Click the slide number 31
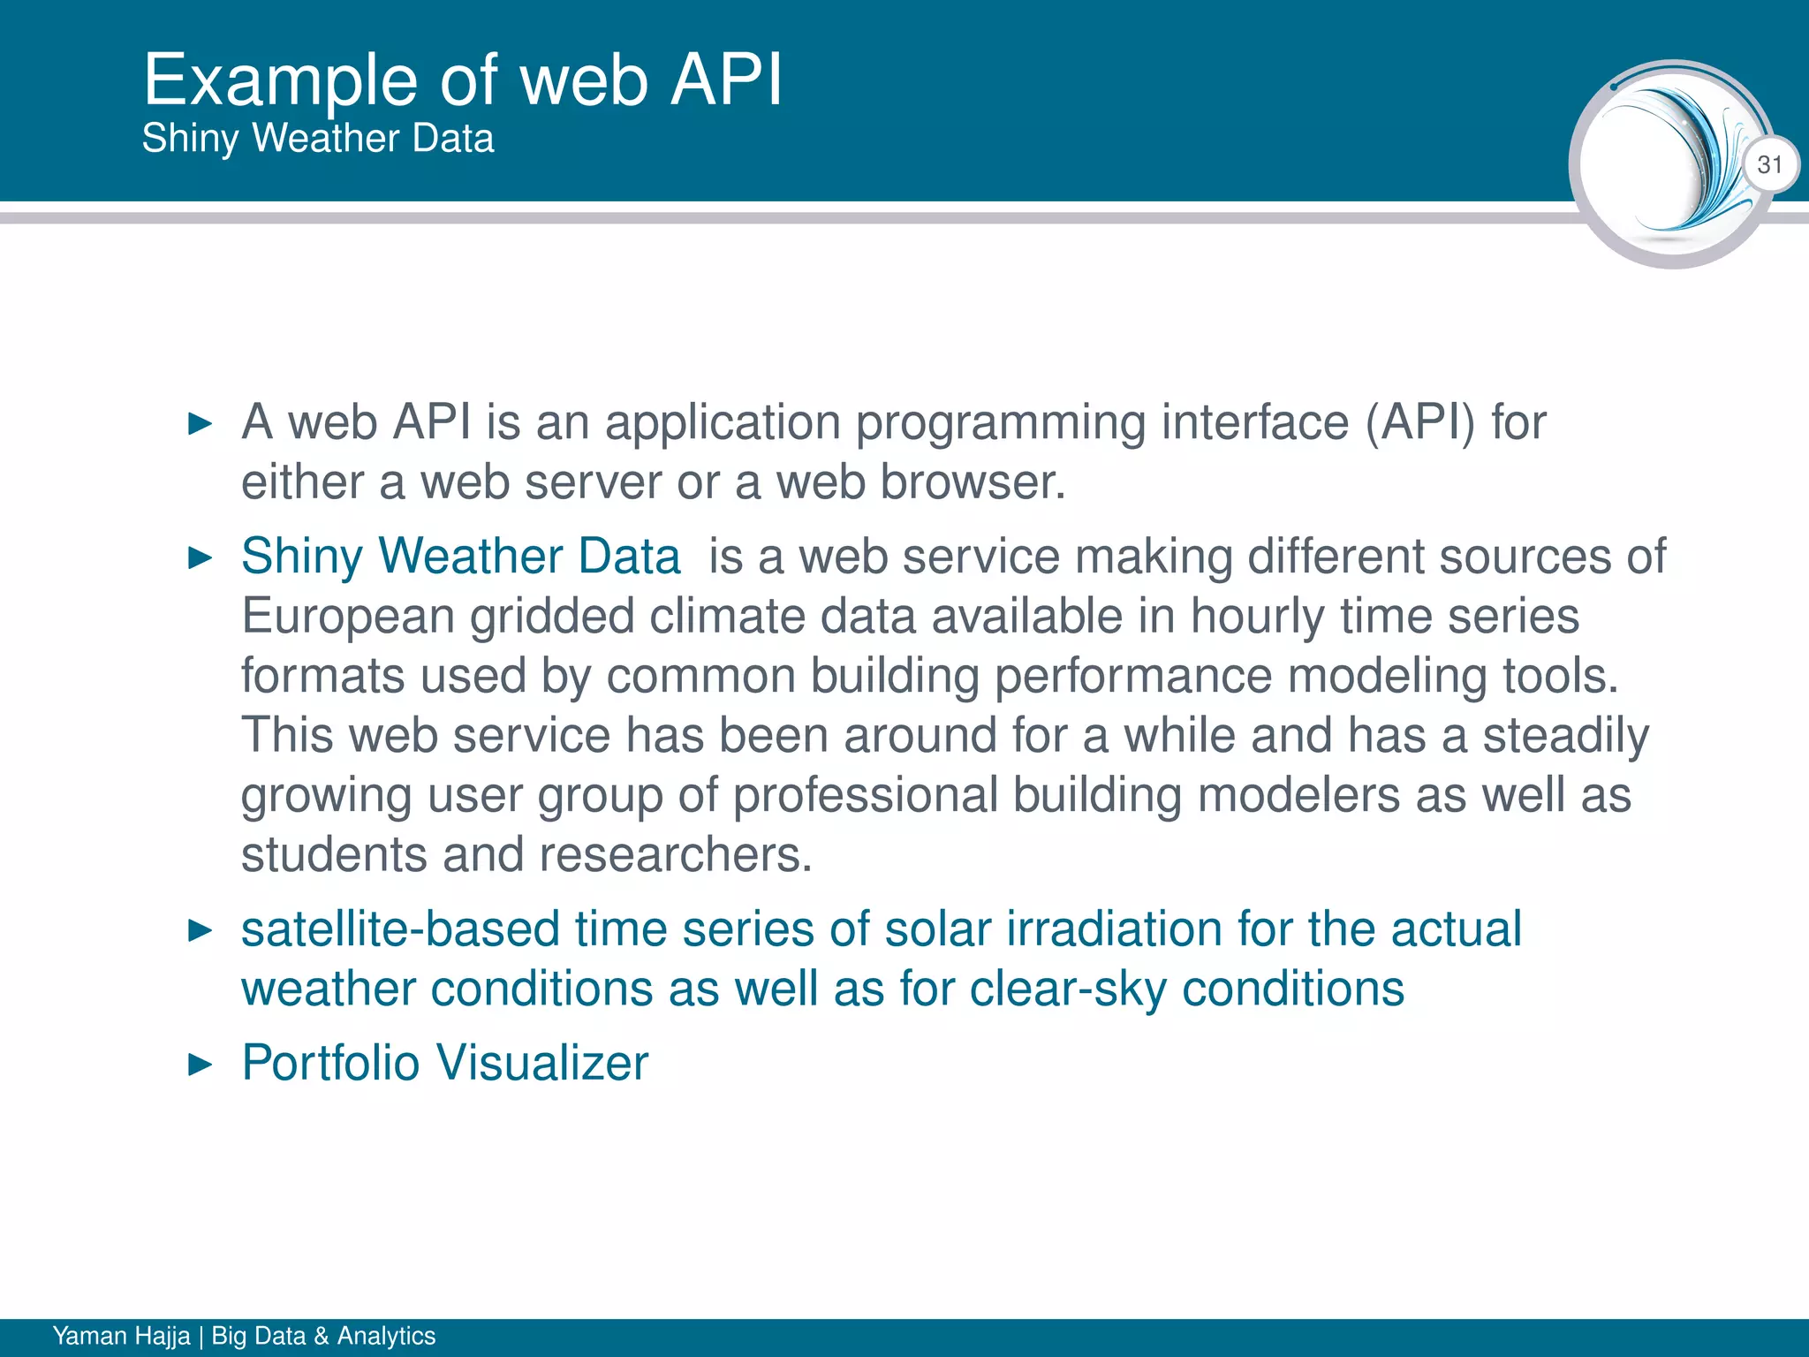click(x=1769, y=165)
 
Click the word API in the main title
click(x=726, y=80)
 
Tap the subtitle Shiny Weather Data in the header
click(x=318, y=139)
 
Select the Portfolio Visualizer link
click(x=445, y=1063)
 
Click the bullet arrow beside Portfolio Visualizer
click(x=201, y=1065)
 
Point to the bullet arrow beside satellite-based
click(x=201, y=930)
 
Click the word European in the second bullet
click(x=348, y=617)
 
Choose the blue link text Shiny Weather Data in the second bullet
click(x=461, y=557)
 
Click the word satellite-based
click(x=400, y=930)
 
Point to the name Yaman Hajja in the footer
click(x=121, y=1336)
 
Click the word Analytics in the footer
click(x=386, y=1336)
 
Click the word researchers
click(x=675, y=855)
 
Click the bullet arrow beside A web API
click(x=201, y=424)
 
